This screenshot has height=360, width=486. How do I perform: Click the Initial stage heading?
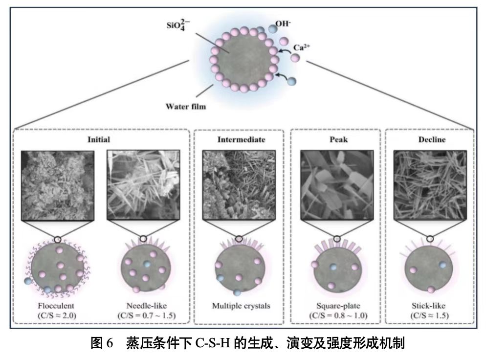tap(98, 139)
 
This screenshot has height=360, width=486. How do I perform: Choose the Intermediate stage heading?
tap(241, 139)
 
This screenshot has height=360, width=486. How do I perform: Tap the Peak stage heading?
tap(335, 139)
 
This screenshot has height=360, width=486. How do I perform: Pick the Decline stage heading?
tap(429, 139)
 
